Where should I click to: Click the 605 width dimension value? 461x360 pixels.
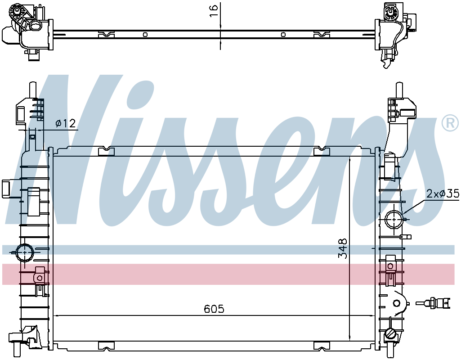(x=214, y=309)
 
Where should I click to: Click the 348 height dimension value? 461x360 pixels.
(x=343, y=248)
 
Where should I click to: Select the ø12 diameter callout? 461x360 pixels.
(x=66, y=124)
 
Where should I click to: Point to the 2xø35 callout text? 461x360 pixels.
(x=443, y=194)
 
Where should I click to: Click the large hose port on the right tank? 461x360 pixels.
(x=394, y=219)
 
